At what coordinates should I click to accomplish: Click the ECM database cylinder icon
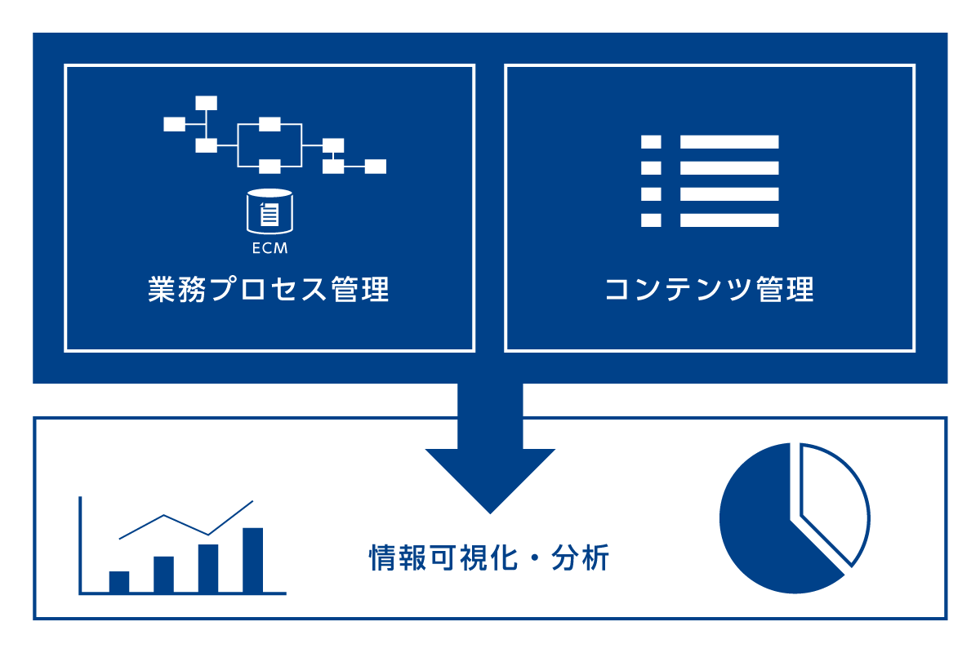click(x=269, y=211)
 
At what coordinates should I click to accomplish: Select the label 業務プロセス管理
click(x=269, y=290)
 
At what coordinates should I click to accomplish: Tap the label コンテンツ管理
click(x=710, y=290)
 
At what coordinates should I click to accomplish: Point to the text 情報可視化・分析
click(x=489, y=558)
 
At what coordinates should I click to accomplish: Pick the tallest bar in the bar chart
click(x=253, y=561)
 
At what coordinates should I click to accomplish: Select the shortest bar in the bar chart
click(x=119, y=582)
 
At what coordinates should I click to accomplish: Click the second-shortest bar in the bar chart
click(x=164, y=575)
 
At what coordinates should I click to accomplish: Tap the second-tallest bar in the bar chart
click(x=208, y=568)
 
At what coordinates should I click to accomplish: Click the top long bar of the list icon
click(x=729, y=142)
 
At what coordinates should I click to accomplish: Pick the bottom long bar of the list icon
click(x=729, y=220)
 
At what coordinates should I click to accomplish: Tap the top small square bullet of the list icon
click(x=651, y=142)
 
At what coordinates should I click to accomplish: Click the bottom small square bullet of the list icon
click(x=651, y=220)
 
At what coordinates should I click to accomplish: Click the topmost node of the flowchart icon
click(x=207, y=103)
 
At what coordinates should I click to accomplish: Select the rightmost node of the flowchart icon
click(x=376, y=167)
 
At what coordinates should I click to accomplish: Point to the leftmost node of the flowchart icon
click(x=175, y=124)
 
